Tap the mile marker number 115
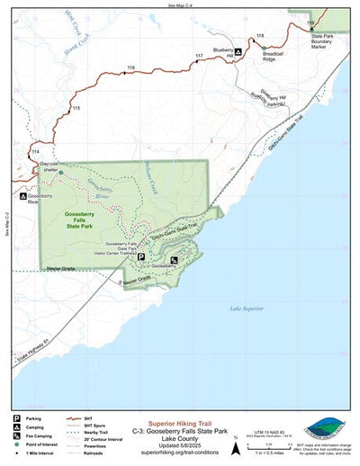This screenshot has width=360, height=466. point(76,108)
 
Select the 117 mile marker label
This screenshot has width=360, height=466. point(198,57)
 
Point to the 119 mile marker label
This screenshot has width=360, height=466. point(310,22)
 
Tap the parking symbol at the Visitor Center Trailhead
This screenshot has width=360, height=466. point(140,256)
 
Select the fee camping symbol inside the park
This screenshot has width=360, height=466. point(174,260)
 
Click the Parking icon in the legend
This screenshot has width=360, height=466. point(17,418)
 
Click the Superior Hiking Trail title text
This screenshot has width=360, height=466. point(180,419)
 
